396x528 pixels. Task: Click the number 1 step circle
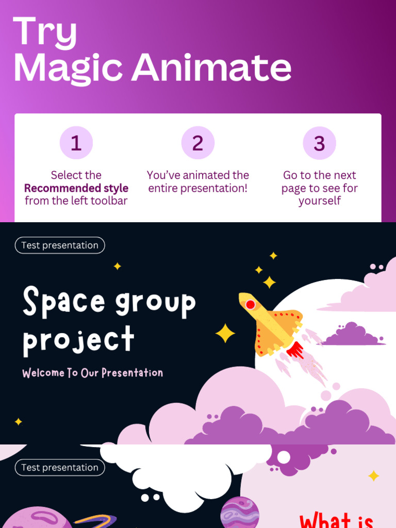coord(76,143)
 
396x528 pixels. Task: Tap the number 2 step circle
coord(198,143)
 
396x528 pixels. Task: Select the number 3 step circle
coord(319,143)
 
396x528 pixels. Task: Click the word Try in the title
coord(45,32)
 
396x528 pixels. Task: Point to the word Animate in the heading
coord(211,68)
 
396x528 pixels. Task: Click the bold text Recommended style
coord(76,188)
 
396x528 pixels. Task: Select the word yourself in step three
coord(319,201)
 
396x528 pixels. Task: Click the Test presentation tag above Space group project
coord(60,245)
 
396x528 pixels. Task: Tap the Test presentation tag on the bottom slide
coord(60,468)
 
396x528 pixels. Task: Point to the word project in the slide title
coord(78,341)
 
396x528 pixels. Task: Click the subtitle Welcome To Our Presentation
coord(93,373)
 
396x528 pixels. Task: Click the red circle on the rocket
coord(251,305)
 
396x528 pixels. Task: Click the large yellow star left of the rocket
coord(225,334)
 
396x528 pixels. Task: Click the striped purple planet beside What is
coord(240,513)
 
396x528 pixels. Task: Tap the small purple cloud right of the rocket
coord(352,335)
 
